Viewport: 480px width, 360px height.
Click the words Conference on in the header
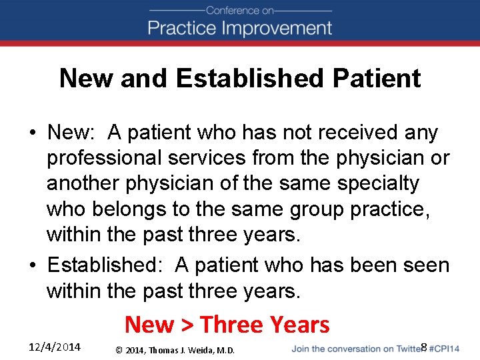(x=240, y=10)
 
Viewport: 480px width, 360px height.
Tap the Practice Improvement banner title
(x=240, y=28)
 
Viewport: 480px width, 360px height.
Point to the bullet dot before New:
(x=33, y=133)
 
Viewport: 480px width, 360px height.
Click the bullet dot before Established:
(x=33, y=265)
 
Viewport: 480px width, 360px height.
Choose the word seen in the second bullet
(x=425, y=265)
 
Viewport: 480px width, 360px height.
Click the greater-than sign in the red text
(x=187, y=325)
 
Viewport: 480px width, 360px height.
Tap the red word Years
(x=297, y=325)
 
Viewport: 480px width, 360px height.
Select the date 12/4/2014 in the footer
(x=55, y=347)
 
